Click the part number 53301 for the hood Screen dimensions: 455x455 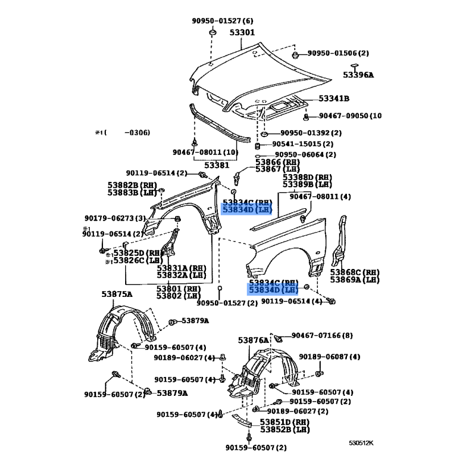pyautogui.click(x=242, y=32)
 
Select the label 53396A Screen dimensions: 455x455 pyautogui.click(x=358, y=75)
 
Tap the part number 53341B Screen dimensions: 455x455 pyautogui.click(x=334, y=99)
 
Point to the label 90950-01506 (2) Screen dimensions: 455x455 pyautogui.click(x=338, y=53)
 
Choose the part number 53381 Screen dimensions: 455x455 pyautogui.click(x=217, y=165)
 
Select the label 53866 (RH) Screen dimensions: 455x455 pyautogui.click(x=278, y=163)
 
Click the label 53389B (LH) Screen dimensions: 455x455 pyautogui.click(x=308, y=184)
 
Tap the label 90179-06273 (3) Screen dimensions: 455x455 pyautogui.click(x=115, y=218)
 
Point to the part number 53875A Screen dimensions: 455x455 pyautogui.click(x=117, y=294)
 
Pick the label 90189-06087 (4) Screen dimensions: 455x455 pyautogui.click(x=329, y=357)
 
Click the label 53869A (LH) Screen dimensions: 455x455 pyautogui.click(x=355, y=279)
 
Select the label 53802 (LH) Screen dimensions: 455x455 pyautogui.click(x=179, y=295)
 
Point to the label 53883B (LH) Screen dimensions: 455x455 pyautogui.click(x=132, y=193)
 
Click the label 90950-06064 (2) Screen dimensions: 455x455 pyautogui.click(x=305, y=154)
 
